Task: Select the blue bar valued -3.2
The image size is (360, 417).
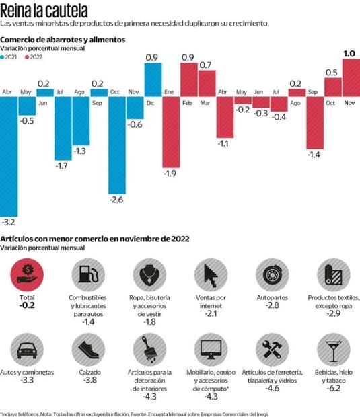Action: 9,155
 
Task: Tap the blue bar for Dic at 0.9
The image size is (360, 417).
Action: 153,79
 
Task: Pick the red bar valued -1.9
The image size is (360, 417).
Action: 171,131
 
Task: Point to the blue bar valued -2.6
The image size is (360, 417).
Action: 116,145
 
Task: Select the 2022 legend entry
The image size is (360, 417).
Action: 34,58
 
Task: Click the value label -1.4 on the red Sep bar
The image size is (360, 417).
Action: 313,155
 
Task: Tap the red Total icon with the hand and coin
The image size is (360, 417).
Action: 28,275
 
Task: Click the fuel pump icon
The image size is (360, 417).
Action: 87,275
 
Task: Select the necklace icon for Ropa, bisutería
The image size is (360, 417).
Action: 147,275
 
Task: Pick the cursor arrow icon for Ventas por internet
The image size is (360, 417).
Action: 209,275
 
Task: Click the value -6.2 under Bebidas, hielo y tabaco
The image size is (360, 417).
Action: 334,389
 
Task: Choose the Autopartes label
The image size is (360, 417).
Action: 272,297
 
